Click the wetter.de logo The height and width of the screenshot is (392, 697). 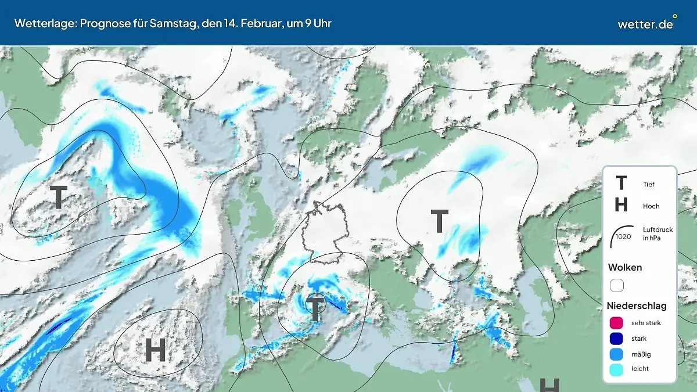[646, 24]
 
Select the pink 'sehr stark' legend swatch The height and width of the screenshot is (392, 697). [616, 323]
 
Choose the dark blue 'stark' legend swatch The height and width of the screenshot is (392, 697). [616, 338]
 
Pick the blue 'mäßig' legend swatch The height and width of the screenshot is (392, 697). [616, 354]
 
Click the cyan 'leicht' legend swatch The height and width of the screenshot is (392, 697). [616, 369]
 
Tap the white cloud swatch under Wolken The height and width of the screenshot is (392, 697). [616, 285]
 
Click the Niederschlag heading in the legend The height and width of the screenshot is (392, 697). [637, 305]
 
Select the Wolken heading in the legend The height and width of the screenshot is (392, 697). [625, 267]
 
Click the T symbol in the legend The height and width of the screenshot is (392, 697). [621, 184]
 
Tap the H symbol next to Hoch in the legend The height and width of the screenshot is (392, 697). [621, 205]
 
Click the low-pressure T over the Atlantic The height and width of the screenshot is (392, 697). [59, 197]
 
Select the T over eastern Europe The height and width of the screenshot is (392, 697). [440, 221]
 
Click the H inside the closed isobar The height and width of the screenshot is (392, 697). [155, 350]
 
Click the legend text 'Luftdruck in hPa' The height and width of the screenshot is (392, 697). [658, 233]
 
